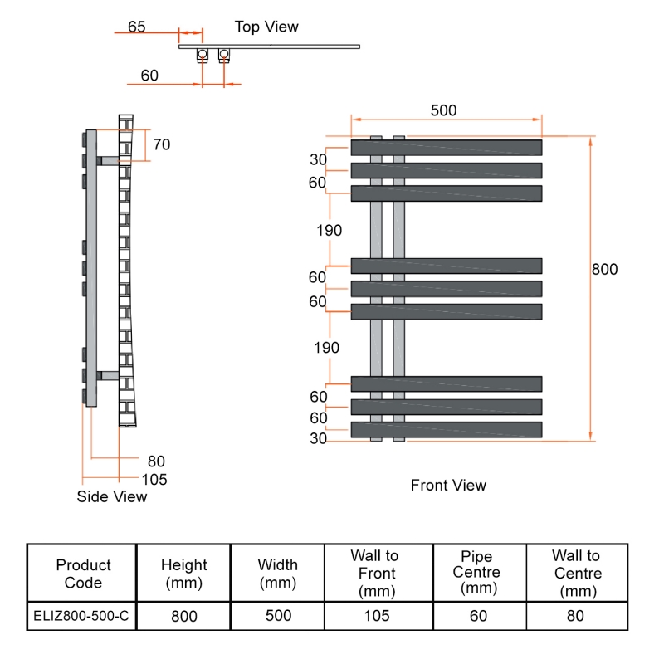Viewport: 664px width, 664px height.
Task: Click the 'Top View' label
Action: click(x=266, y=27)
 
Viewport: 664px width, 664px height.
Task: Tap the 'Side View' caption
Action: click(x=111, y=496)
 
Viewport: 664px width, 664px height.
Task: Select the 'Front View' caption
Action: click(x=448, y=485)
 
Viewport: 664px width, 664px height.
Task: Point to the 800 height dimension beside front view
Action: click(x=605, y=270)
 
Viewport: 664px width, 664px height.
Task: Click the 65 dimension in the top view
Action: click(x=137, y=26)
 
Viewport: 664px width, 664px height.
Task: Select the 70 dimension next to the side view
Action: click(x=161, y=144)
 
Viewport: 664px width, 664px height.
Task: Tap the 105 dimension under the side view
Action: click(x=154, y=479)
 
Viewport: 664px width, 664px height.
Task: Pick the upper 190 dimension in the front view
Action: click(x=329, y=231)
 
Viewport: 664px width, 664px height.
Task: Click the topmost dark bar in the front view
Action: click(x=447, y=148)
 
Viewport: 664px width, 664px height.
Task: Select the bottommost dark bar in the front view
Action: click(x=447, y=430)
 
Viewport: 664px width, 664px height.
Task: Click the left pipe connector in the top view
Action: click(x=202, y=56)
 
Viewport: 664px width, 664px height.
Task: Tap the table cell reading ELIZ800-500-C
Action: click(x=81, y=616)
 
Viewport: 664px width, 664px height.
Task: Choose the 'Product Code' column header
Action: click(x=83, y=574)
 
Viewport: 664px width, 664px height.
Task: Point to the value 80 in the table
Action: click(x=575, y=616)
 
